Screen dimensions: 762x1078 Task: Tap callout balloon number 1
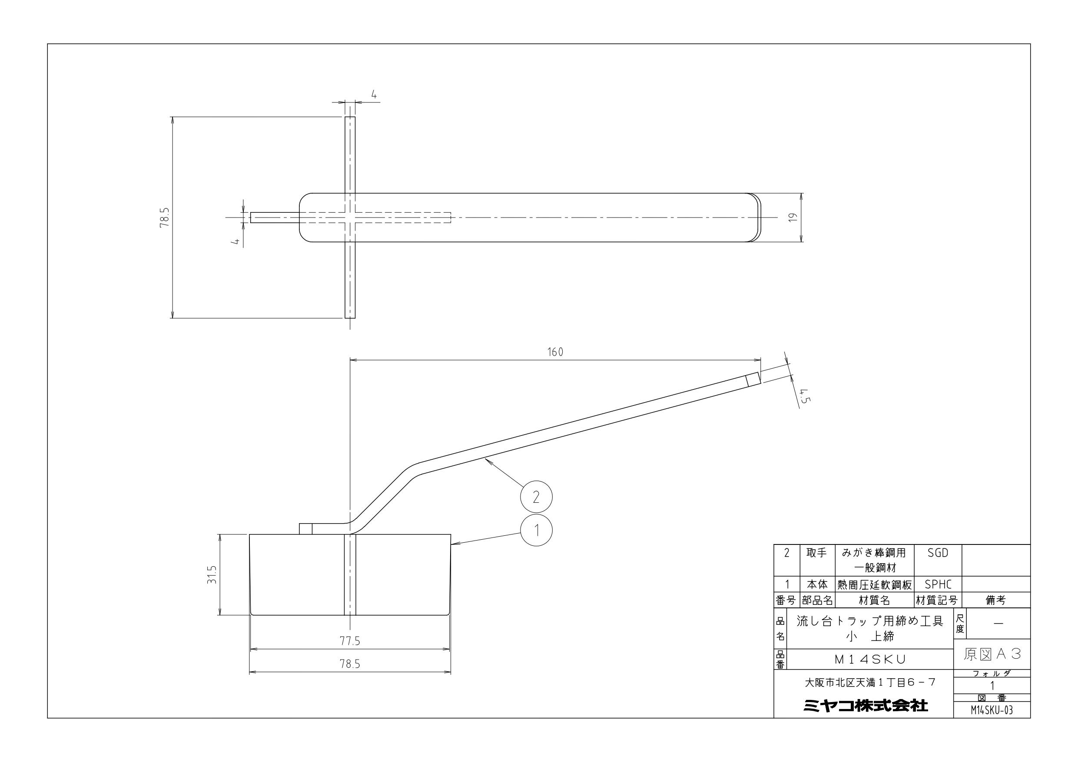536,531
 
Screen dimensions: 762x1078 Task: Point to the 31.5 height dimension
212,574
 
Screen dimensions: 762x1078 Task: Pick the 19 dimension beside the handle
793,217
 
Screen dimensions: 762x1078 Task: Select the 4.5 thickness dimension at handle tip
805,396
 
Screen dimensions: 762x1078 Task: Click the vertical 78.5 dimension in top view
164,218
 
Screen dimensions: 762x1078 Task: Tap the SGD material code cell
938,554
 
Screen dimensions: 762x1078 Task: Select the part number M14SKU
869,659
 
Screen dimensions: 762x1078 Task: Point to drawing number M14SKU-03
992,710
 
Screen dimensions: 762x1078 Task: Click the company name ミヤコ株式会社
865,705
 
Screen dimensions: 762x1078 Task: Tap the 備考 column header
995,600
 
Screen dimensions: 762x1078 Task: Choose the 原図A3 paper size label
992,654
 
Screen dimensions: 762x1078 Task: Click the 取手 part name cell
816,554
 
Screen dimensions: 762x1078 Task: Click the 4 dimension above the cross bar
374,95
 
